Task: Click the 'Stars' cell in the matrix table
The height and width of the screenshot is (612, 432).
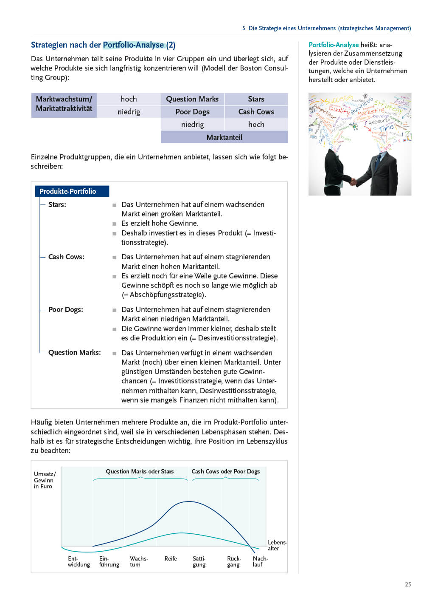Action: tap(256, 99)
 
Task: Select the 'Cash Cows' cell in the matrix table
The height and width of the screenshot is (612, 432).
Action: tap(256, 112)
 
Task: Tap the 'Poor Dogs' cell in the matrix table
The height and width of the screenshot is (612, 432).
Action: tap(192, 112)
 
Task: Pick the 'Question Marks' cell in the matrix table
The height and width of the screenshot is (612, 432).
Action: tap(192, 99)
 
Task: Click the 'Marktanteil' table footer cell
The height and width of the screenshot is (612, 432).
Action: tap(224, 137)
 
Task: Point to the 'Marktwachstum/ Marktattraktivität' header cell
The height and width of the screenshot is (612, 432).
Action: tap(64, 104)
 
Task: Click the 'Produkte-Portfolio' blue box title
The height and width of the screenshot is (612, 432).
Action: tap(68, 191)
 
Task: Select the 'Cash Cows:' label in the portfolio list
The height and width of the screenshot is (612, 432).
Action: tap(66, 257)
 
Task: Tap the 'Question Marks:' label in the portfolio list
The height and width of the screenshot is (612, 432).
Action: tap(75, 352)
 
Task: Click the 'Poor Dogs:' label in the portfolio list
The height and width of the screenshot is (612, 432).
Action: tap(66, 309)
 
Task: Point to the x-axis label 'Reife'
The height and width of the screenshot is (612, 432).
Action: tap(171, 558)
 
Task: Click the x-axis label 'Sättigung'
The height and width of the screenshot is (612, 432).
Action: tap(199, 561)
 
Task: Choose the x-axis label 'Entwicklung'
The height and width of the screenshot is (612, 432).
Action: tap(79, 561)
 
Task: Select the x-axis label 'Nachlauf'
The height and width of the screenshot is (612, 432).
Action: tap(260, 561)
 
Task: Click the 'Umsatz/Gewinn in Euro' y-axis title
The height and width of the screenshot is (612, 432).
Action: tap(44, 480)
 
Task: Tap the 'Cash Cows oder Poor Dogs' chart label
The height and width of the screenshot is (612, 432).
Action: tap(225, 471)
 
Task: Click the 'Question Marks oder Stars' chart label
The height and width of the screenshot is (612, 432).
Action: tap(140, 471)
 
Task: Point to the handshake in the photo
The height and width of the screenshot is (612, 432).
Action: tap(353, 181)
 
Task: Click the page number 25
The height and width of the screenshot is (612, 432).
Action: tap(408, 584)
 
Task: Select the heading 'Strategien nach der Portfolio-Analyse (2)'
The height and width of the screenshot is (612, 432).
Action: tap(103, 45)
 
